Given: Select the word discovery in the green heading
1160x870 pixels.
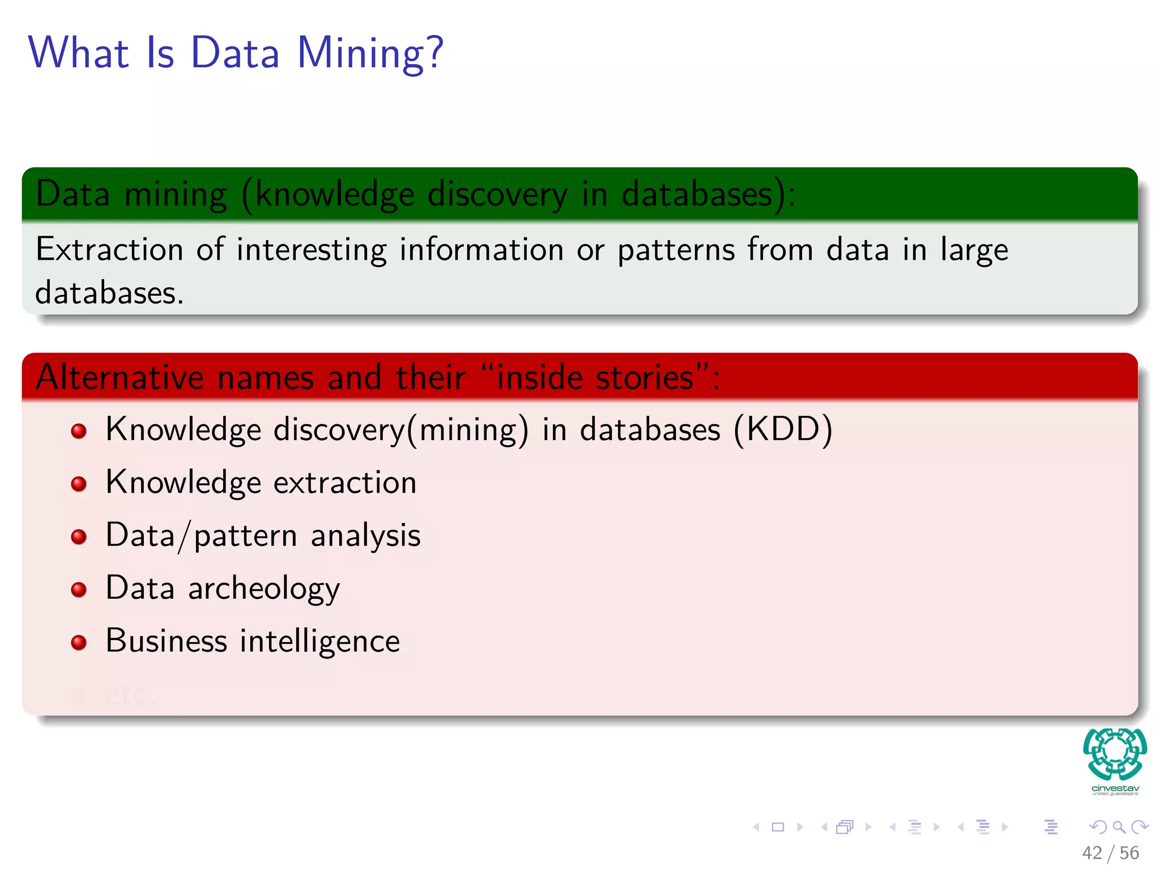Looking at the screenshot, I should (497, 194).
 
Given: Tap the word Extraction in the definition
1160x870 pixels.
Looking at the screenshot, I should (109, 249).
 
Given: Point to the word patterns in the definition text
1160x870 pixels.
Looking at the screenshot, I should (676, 250).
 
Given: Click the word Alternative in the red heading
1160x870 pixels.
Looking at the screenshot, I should (120, 377).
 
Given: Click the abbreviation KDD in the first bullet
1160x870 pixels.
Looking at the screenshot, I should (783, 429).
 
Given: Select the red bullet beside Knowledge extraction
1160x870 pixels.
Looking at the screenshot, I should (79, 484).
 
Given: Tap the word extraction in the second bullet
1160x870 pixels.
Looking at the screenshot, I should (345, 483).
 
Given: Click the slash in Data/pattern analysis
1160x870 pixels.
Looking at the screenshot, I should (184, 536).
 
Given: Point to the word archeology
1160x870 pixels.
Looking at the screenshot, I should (264, 588).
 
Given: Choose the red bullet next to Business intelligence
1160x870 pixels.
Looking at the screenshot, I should (79, 642).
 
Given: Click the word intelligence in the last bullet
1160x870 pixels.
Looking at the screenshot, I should (319, 641).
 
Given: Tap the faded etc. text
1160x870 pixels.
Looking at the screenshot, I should (129, 695).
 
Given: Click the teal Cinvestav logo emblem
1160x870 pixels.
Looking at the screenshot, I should (1115, 754).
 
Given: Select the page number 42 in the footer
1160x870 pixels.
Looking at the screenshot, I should (1091, 853).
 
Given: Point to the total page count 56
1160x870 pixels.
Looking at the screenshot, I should (1129, 853).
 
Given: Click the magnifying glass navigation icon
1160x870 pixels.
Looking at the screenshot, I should (1119, 827).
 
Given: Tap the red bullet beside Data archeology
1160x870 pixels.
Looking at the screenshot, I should (79, 590).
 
